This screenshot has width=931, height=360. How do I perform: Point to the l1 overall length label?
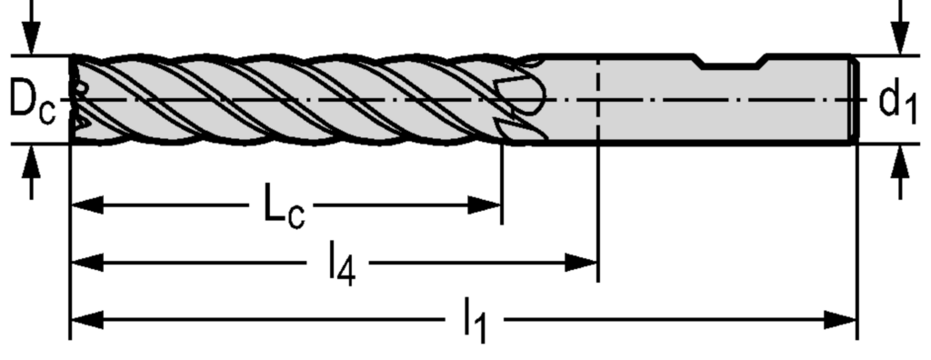click(474, 324)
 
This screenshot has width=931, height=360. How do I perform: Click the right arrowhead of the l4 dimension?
click(583, 263)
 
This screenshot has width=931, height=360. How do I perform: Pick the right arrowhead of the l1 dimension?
click(842, 319)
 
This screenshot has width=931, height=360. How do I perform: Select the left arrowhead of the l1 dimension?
click(85, 319)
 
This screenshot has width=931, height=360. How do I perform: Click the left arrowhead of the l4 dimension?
click(85, 263)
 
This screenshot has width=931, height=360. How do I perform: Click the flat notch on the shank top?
click(731, 65)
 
